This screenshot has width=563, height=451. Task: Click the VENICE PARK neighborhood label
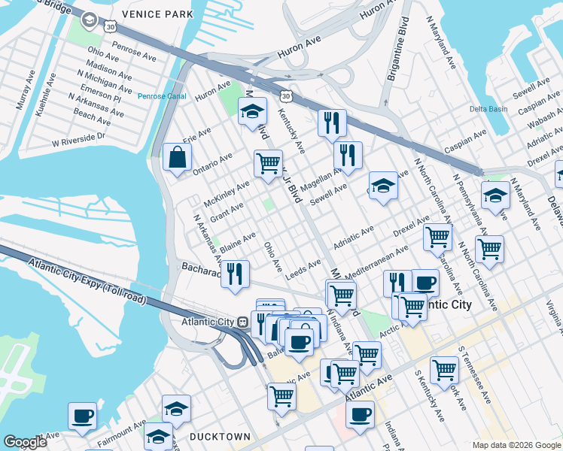160,14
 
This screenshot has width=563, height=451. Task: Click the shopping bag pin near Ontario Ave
177,158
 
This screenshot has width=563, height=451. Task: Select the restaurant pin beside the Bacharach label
236,274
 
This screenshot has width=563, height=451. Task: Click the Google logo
25,442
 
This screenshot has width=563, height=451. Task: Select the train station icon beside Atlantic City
242,322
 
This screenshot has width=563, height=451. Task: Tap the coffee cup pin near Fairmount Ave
82,415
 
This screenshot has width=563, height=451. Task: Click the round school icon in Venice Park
89,20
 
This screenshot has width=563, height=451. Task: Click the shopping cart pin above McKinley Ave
267,163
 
